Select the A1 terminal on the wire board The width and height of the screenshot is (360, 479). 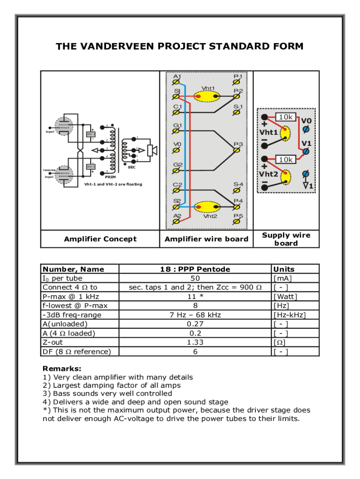[x=177, y=83]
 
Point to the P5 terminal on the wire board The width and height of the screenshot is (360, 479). [x=237, y=223]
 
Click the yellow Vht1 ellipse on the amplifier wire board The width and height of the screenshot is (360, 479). [x=207, y=97]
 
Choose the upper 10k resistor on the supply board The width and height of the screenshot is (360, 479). [x=285, y=117]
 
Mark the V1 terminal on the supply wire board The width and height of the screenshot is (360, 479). [x=306, y=151]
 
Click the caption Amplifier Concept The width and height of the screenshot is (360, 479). [x=100, y=239]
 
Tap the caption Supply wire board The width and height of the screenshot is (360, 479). [x=286, y=239]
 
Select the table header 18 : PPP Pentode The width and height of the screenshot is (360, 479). [x=195, y=269]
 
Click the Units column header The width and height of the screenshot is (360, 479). [x=284, y=269]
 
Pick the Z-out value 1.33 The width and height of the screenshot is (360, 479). [x=195, y=342]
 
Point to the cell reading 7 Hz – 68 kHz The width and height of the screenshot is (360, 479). [x=195, y=315]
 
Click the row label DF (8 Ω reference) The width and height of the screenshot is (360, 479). [x=77, y=352]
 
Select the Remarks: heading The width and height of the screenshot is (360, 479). [x=62, y=369]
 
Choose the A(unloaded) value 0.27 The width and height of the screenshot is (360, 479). [x=195, y=324]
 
